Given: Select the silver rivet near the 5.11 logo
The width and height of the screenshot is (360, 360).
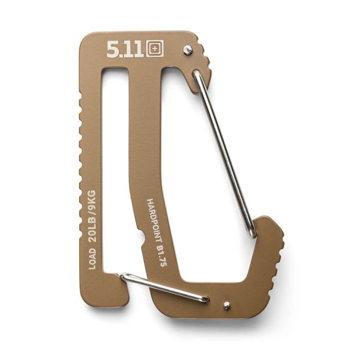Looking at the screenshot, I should (x=188, y=49).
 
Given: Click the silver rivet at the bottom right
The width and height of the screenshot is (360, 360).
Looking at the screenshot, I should (x=226, y=305).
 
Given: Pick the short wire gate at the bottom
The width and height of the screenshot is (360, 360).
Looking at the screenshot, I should (x=165, y=288).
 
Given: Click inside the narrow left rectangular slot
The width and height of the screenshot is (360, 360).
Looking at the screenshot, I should (x=114, y=170).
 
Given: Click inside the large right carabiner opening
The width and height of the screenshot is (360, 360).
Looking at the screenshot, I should (x=201, y=195).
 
